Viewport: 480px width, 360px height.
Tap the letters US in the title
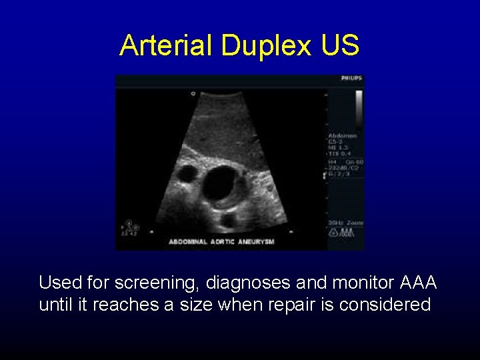339,45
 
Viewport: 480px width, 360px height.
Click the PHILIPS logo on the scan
351,79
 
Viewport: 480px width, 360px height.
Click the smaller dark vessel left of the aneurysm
188,175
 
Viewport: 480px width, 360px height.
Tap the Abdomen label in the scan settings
342,135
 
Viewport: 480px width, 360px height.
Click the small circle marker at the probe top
193,94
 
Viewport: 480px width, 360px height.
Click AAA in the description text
419,283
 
